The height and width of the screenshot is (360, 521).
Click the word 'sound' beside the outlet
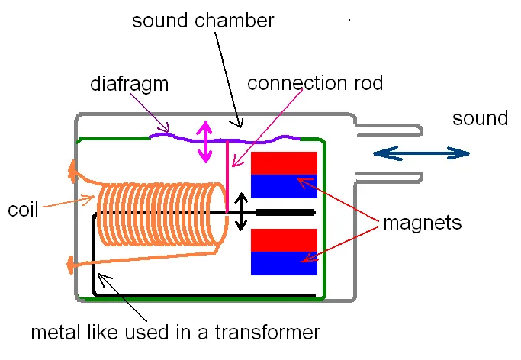pos(480,118)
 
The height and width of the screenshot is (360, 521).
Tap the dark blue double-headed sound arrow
pos(421,153)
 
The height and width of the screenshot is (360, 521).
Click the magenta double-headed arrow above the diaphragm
pos(204,142)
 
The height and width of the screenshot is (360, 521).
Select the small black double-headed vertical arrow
pos(240,211)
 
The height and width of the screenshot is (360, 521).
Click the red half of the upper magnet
pos(284,163)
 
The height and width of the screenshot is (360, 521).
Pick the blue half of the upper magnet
pos(284,186)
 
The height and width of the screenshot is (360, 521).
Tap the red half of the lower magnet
pos(284,239)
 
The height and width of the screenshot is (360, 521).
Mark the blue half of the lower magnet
pos(284,262)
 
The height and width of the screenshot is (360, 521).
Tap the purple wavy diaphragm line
pos(229,140)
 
